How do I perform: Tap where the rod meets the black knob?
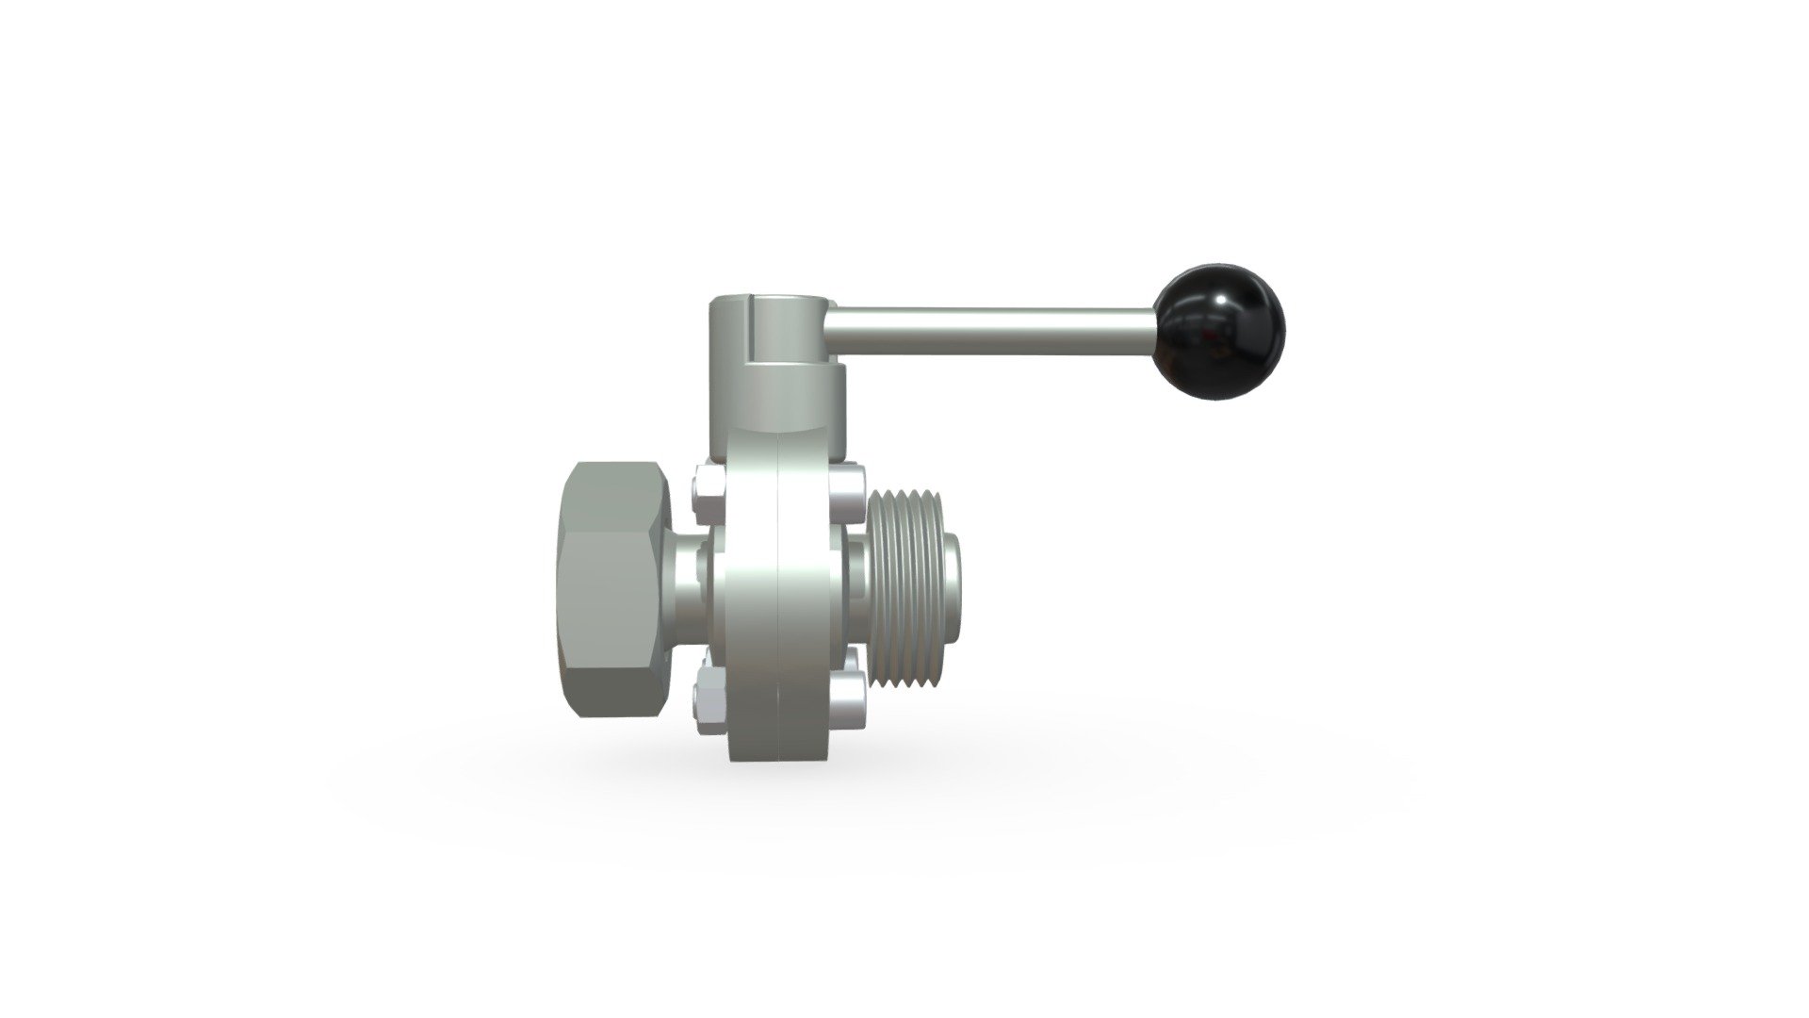coord(1158,327)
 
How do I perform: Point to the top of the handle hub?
coord(768,303)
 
